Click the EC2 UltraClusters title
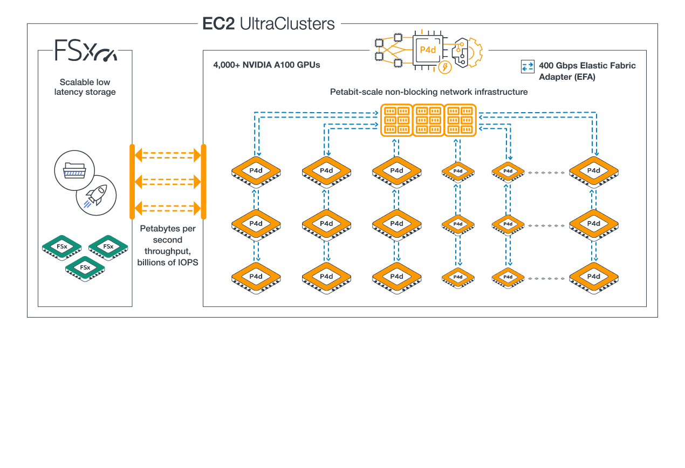point(268,24)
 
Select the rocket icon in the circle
point(96,195)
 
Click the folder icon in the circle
point(75,170)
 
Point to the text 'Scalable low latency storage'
point(85,87)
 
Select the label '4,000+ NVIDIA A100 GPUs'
point(266,65)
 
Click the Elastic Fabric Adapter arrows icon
point(527,67)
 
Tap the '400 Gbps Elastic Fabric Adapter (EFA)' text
point(587,71)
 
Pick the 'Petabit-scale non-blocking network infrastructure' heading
point(428,92)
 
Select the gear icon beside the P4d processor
point(467,52)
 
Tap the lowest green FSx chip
point(85,267)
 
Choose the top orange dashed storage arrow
point(167,156)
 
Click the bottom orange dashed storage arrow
point(167,208)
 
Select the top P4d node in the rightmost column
point(594,171)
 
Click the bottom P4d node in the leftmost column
point(256,277)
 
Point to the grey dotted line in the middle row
point(546,225)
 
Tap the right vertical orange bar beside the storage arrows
point(204,182)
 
